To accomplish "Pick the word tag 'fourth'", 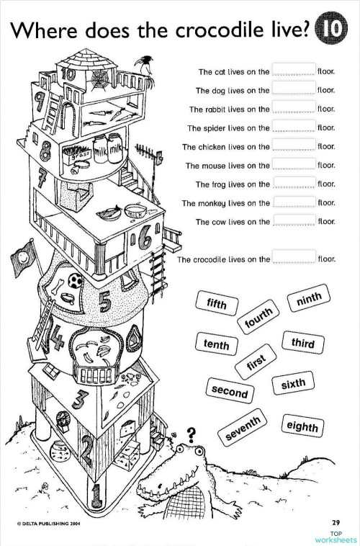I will tap(259, 319).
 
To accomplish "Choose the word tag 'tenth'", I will tap(216, 345).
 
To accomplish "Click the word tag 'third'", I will tap(303, 343).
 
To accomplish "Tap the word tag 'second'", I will tap(230, 393).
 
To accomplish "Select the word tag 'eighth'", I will tap(302, 427).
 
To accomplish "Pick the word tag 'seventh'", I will tap(243, 428).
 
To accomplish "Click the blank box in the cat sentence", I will tap(294, 71).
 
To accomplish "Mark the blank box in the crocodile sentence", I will tap(294, 257).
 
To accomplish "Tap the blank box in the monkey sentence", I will tap(294, 202).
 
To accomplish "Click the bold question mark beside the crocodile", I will tap(192, 434).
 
